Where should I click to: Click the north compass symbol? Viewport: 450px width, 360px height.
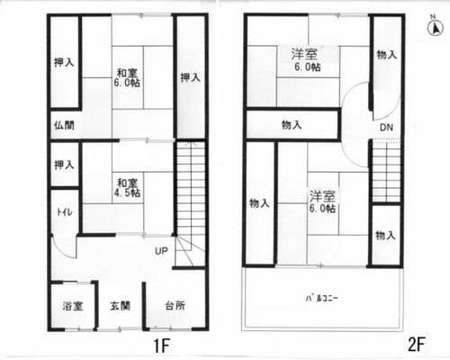436,27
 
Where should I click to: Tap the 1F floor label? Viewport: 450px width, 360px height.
162,346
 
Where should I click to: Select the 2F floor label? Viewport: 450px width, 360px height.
416,344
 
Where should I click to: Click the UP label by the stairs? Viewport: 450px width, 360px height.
161,251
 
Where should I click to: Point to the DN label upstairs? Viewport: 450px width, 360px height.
386,128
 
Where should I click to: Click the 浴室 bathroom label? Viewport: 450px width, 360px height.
73,306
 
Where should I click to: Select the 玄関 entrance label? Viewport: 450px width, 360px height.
120,306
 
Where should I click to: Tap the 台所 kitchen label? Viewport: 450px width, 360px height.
175,306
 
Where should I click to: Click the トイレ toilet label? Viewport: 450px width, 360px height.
65,212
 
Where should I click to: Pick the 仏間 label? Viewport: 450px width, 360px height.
64,125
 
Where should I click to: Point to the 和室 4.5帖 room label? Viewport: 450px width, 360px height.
127,188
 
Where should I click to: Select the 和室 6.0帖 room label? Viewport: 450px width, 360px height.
127,77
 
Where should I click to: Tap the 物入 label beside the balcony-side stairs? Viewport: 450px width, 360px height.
385,236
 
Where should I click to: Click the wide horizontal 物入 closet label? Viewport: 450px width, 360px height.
292,124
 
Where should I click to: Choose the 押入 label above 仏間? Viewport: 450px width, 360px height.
64,62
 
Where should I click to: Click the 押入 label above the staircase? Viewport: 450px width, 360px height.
190,77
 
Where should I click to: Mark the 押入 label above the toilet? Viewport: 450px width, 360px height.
64,165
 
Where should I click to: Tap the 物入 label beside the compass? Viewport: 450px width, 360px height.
387,55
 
